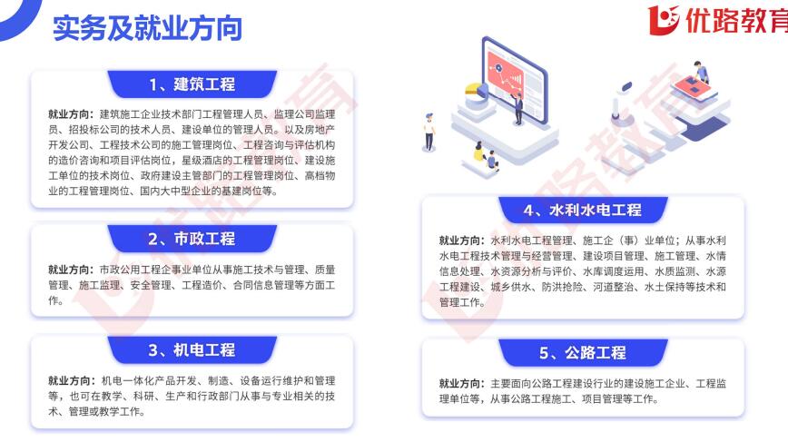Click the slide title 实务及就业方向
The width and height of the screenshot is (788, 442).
click(147, 27)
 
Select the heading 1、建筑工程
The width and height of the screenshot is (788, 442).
click(192, 83)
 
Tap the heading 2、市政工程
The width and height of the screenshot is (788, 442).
click(192, 239)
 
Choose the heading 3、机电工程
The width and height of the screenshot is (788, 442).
click(192, 350)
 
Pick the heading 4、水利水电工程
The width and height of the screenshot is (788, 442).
click(583, 210)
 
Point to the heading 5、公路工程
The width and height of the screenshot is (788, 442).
click(583, 353)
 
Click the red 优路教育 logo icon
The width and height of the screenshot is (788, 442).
click(663, 20)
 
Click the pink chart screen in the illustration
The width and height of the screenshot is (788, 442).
click(505, 76)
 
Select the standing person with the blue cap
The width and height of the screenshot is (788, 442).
click(428, 132)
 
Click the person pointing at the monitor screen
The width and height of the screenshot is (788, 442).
click(517, 108)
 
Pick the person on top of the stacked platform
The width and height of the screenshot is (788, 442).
click(701, 73)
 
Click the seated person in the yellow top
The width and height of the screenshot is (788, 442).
click(480, 152)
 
